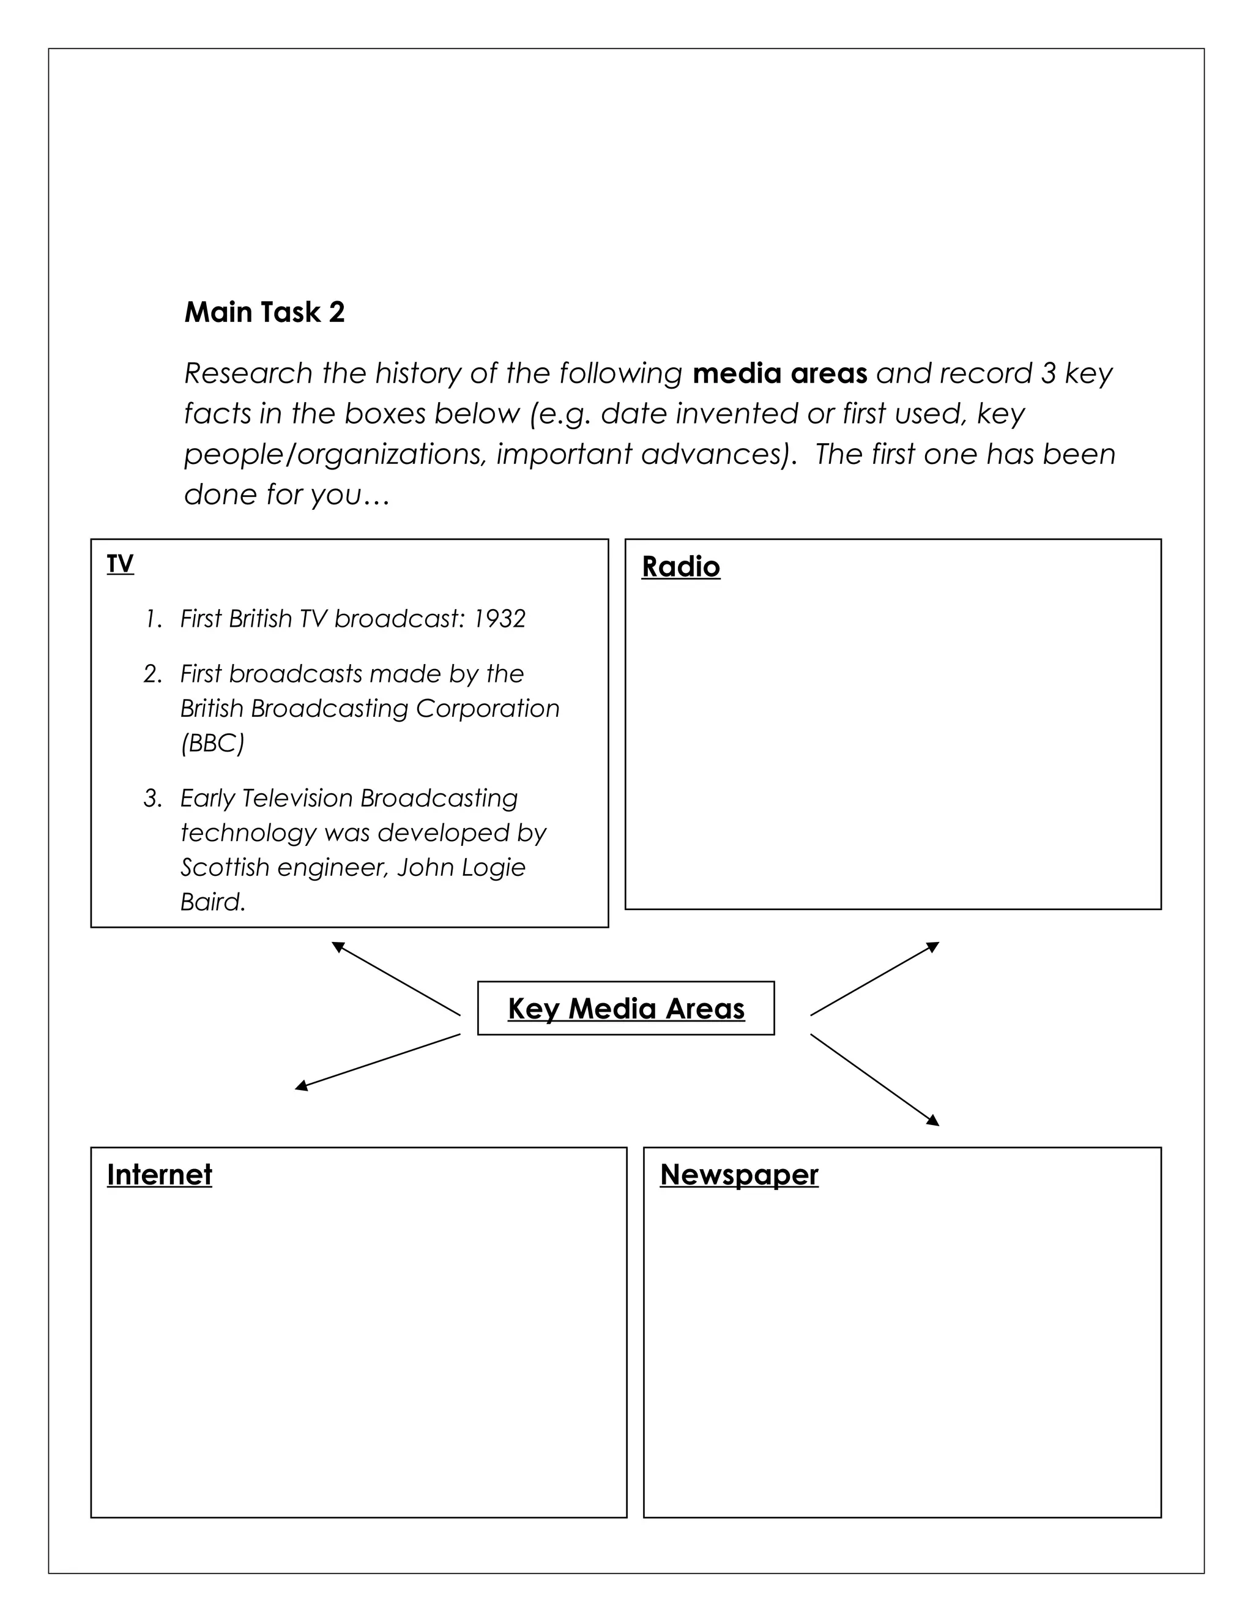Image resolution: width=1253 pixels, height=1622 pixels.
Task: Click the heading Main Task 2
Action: coord(264,312)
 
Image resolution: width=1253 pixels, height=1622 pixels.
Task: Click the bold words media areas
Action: coord(779,373)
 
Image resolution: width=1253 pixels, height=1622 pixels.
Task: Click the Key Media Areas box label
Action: coord(626,1009)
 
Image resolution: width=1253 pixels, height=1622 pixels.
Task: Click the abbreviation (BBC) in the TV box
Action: coord(212,742)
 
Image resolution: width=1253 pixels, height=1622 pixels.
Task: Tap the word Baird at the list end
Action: coord(212,902)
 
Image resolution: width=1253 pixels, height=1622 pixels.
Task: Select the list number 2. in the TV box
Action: coord(152,675)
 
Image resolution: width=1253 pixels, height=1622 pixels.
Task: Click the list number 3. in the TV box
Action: coord(152,798)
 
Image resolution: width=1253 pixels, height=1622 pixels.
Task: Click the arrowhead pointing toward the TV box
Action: coord(338,946)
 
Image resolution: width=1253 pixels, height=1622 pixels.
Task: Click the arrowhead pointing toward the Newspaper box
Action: coord(933,1121)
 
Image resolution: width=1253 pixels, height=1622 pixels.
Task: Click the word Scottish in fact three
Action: coord(224,867)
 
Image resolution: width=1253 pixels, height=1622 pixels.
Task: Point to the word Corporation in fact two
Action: coord(487,709)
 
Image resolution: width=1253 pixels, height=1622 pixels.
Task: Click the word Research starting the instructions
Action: coord(248,373)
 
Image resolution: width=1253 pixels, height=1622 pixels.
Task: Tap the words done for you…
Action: coord(286,495)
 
